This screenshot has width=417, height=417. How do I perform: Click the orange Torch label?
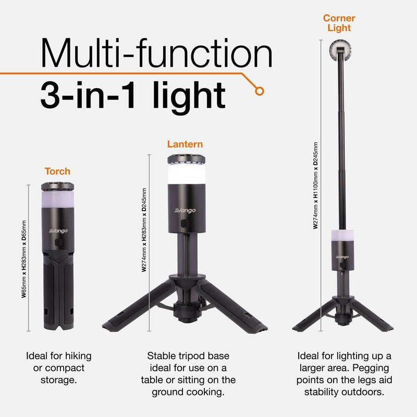point(57,171)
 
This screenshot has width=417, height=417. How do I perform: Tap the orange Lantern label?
point(185,144)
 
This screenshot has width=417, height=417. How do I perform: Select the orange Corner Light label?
point(339,23)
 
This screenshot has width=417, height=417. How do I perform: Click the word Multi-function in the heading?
point(156,54)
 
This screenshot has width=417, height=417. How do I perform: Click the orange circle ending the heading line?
point(259,91)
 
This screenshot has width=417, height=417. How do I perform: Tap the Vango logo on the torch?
point(58,230)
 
